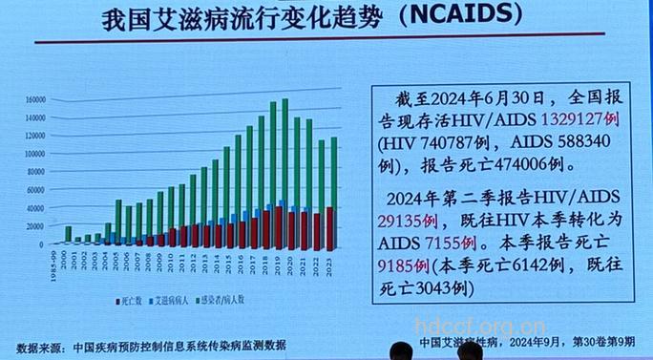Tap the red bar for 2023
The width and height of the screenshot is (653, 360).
click(x=329, y=225)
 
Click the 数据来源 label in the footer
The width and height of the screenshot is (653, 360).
click(x=39, y=346)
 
